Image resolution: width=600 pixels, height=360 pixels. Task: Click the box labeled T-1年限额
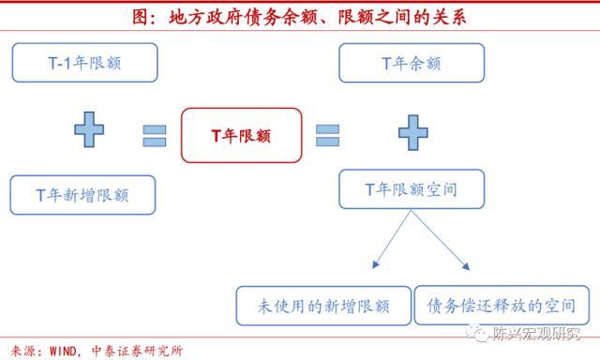click(84, 63)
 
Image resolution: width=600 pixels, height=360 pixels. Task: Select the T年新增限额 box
click(82, 195)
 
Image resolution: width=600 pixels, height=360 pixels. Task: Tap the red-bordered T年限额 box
click(242, 136)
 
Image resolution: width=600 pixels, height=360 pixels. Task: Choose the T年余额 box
click(411, 63)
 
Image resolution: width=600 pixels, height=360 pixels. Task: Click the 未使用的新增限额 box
click(323, 306)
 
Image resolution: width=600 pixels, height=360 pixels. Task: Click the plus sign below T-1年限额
click(90, 129)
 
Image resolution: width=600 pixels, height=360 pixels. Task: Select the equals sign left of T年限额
click(155, 135)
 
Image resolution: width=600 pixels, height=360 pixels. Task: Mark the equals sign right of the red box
click(327, 135)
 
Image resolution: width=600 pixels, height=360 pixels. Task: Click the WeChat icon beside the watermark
click(488, 332)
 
